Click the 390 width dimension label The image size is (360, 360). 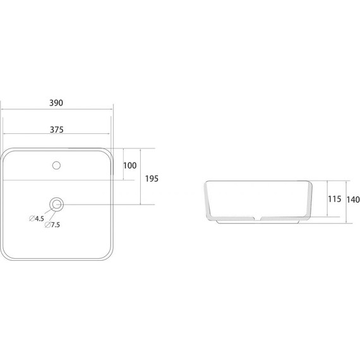pyautogui.click(x=56, y=103)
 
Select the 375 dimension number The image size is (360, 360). pyautogui.click(x=57, y=129)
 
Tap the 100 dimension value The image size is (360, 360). pyautogui.click(x=130, y=165)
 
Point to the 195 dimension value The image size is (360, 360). pyautogui.click(x=152, y=179)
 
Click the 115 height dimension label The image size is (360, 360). pyautogui.click(x=335, y=199)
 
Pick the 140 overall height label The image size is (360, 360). pyautogui.click(x=353, y=200)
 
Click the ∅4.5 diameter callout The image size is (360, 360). pyautogui.click(x=37, y=219)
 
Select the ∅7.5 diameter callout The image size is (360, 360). pyautogui.click(x=52, y=225)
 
